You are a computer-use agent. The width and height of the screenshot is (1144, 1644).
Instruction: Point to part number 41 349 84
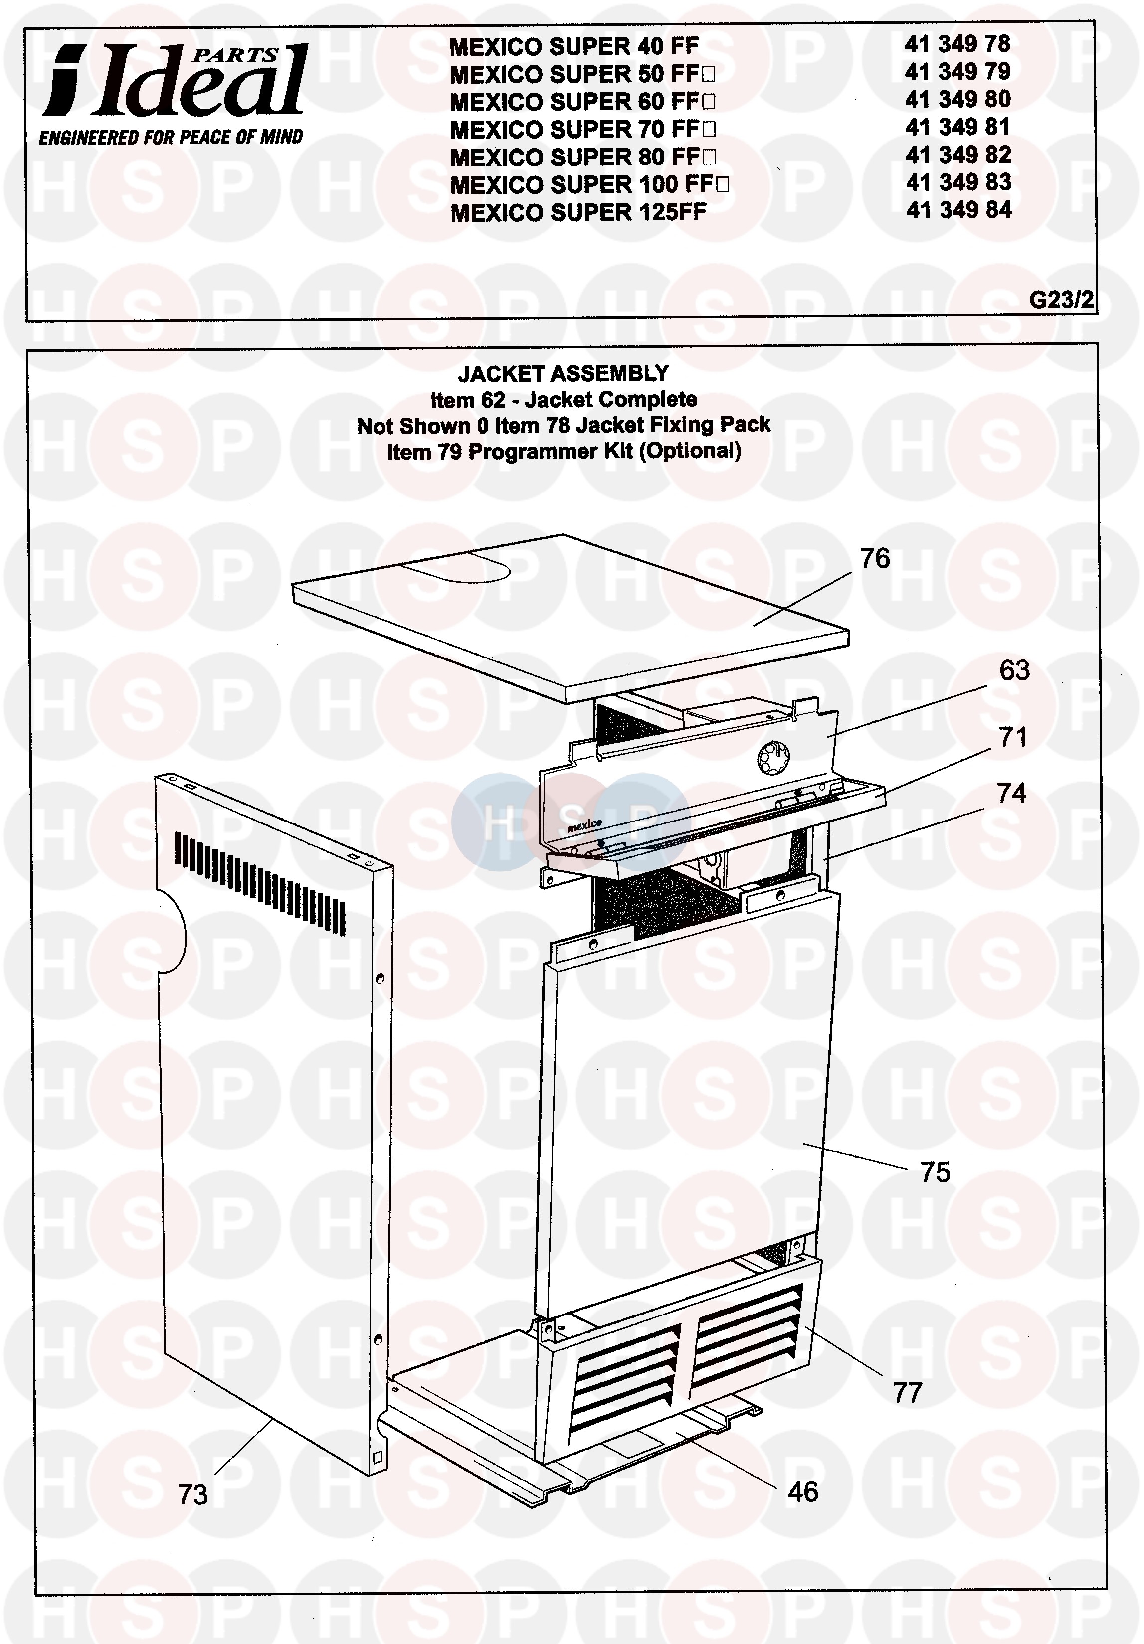958,210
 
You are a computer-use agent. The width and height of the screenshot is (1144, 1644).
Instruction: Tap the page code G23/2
1061,299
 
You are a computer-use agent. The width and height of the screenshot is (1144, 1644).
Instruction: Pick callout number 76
874,558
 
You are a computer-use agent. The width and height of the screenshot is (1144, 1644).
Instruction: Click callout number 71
1013,737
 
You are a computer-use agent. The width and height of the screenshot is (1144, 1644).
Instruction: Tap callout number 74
1011,793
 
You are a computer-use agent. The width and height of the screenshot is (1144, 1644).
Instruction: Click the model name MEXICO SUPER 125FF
578,213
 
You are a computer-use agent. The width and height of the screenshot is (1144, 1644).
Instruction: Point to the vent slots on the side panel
260,884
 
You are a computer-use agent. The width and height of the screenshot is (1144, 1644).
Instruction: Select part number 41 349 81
958,127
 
